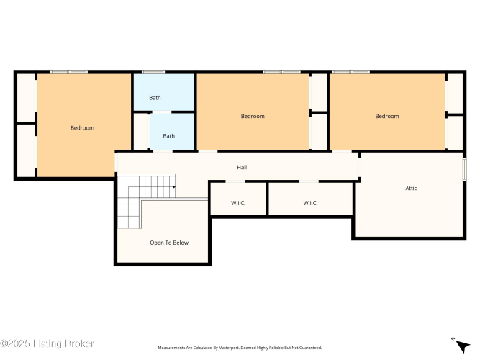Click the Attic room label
click(x=411, y=188)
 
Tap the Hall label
click(x=242, y=167)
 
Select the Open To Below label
click(x=169, y=243)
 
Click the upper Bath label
click(x=155, y=98)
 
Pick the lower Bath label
click(x=168, y=136)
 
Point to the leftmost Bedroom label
click(x=82, y=127)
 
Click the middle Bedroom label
click(x=253, y=116)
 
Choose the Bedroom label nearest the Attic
click(x=387, y=116)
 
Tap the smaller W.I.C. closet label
click(x=238, y=203)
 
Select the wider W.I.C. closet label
click(x=310, y=203)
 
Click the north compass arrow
click(x=462, y=346)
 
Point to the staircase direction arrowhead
click(x=174, y=187)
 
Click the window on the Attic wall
click(x=464, y=169)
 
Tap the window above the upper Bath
click(x=153, y=72)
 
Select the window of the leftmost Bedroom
click(x=69, y=72)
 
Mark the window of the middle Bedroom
click(x=281, y=72)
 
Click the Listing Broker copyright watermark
click(x=47, y=343)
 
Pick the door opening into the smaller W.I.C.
click(x=235, y=181)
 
